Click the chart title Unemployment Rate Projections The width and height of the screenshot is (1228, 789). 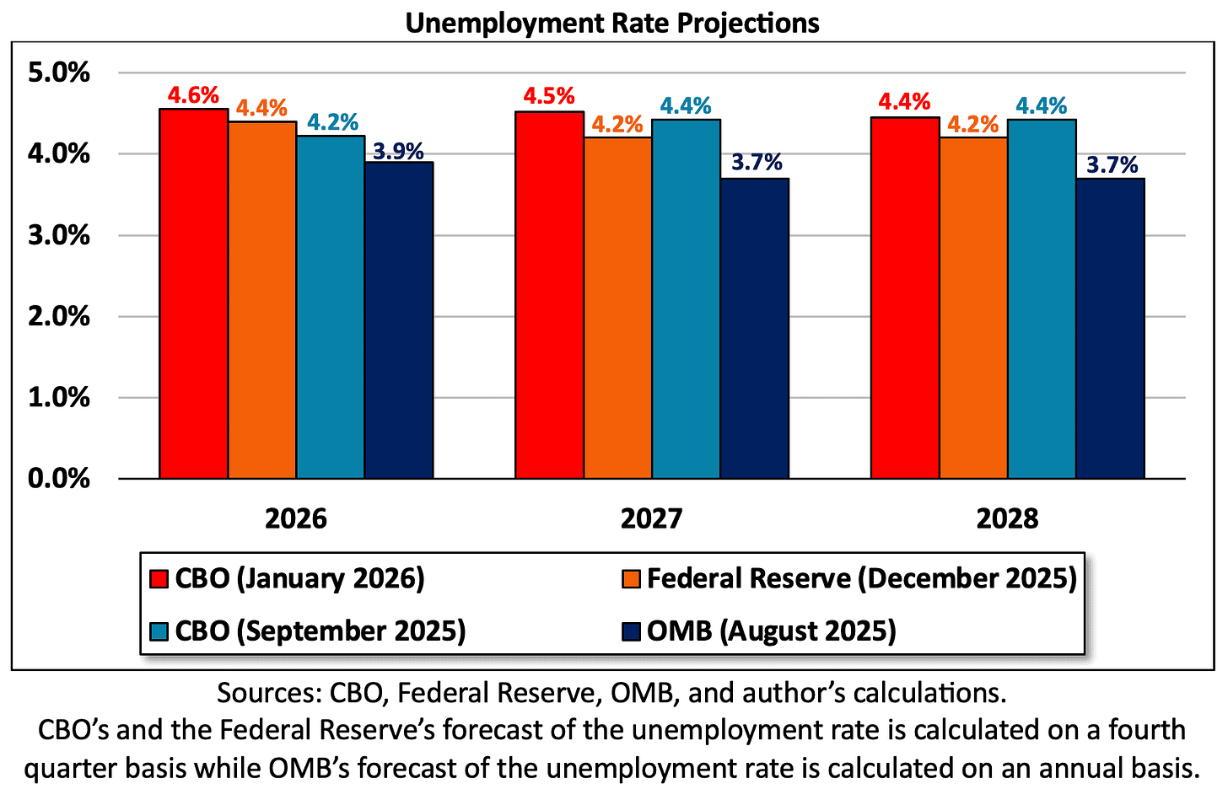click(612, 23)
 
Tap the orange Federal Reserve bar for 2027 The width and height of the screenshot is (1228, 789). click(617, 308)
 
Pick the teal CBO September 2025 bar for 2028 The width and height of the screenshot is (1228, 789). click(1042, 299)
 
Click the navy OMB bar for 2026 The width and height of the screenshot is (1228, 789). click(399, 320)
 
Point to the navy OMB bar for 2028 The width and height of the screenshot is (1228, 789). click(1110, 329)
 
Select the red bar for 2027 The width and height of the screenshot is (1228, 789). click(549, 295)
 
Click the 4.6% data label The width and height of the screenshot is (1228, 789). click(193, 95)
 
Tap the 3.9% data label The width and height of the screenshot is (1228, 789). click(398, 152)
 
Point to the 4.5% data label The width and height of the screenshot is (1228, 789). click(549, 96)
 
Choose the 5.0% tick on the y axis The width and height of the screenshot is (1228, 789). click(59, 72)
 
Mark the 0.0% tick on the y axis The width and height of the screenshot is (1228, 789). click(59, 478)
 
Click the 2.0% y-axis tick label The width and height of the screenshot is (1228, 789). click(59, 316)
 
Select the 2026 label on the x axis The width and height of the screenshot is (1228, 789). click(295, 518)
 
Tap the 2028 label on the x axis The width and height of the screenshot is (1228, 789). click(1007, 518)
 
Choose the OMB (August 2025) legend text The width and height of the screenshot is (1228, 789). click(771, 631)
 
